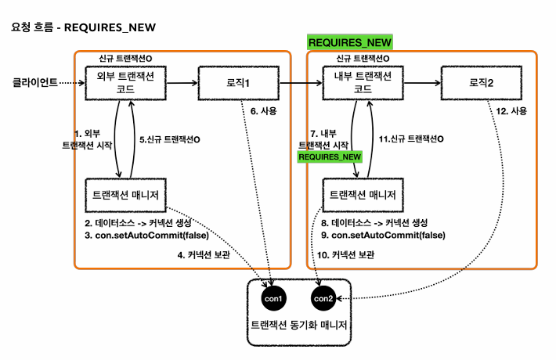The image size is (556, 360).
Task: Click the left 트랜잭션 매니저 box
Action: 125,194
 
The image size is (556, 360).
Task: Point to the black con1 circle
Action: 273,298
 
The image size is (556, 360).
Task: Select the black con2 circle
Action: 323,298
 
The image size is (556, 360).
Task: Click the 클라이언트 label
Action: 34,81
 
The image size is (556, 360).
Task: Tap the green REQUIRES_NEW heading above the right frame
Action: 350,42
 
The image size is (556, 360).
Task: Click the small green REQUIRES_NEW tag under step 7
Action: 330,157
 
